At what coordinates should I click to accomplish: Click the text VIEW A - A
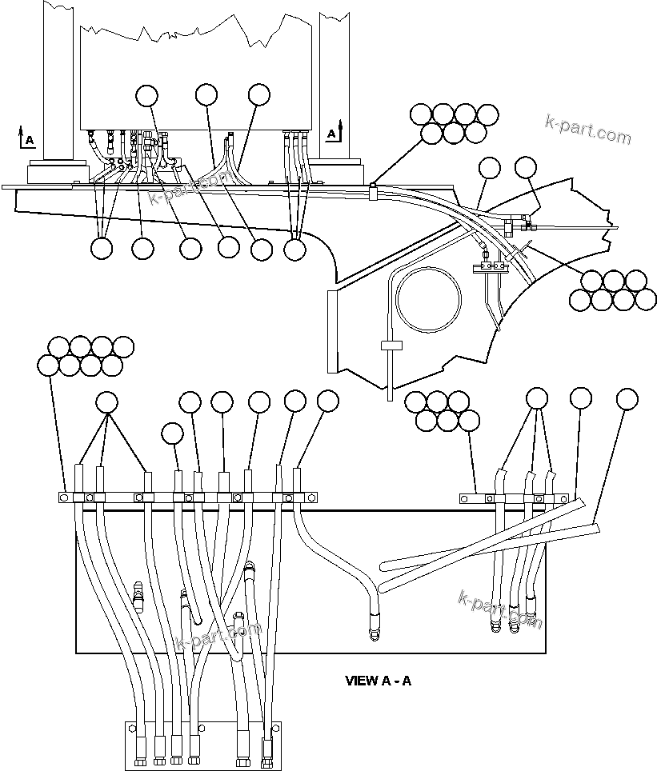(378, 681)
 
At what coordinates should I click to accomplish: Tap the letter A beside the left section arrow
(30, 141)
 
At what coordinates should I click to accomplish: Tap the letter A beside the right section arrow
(331, 133)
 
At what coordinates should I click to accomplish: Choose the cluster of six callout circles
(442, 409)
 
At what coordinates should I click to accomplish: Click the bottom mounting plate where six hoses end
(203, 745)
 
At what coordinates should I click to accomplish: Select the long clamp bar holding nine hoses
(189, 497)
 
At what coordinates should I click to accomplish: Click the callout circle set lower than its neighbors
(172, 433)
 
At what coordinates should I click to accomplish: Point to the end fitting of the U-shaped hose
(373, 633)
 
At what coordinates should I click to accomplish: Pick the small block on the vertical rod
(390, 346)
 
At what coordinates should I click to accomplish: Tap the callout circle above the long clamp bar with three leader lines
(107, 401)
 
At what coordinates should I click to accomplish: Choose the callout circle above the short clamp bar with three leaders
(537, 398)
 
